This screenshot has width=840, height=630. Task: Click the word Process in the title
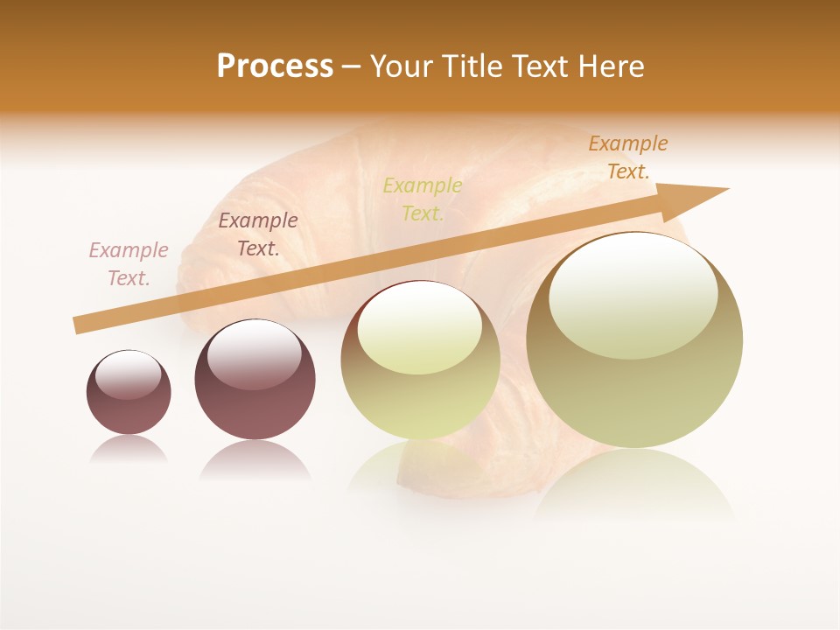coord(275,66)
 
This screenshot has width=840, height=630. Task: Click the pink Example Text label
coord(129,264)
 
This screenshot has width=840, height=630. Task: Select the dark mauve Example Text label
coord(258,234)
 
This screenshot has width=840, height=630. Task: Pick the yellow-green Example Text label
coord(423,199)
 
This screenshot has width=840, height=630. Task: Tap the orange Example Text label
coord(627,157)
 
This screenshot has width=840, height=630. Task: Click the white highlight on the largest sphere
coord(633,296)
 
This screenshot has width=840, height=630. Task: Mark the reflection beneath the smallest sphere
coord(129,450)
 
